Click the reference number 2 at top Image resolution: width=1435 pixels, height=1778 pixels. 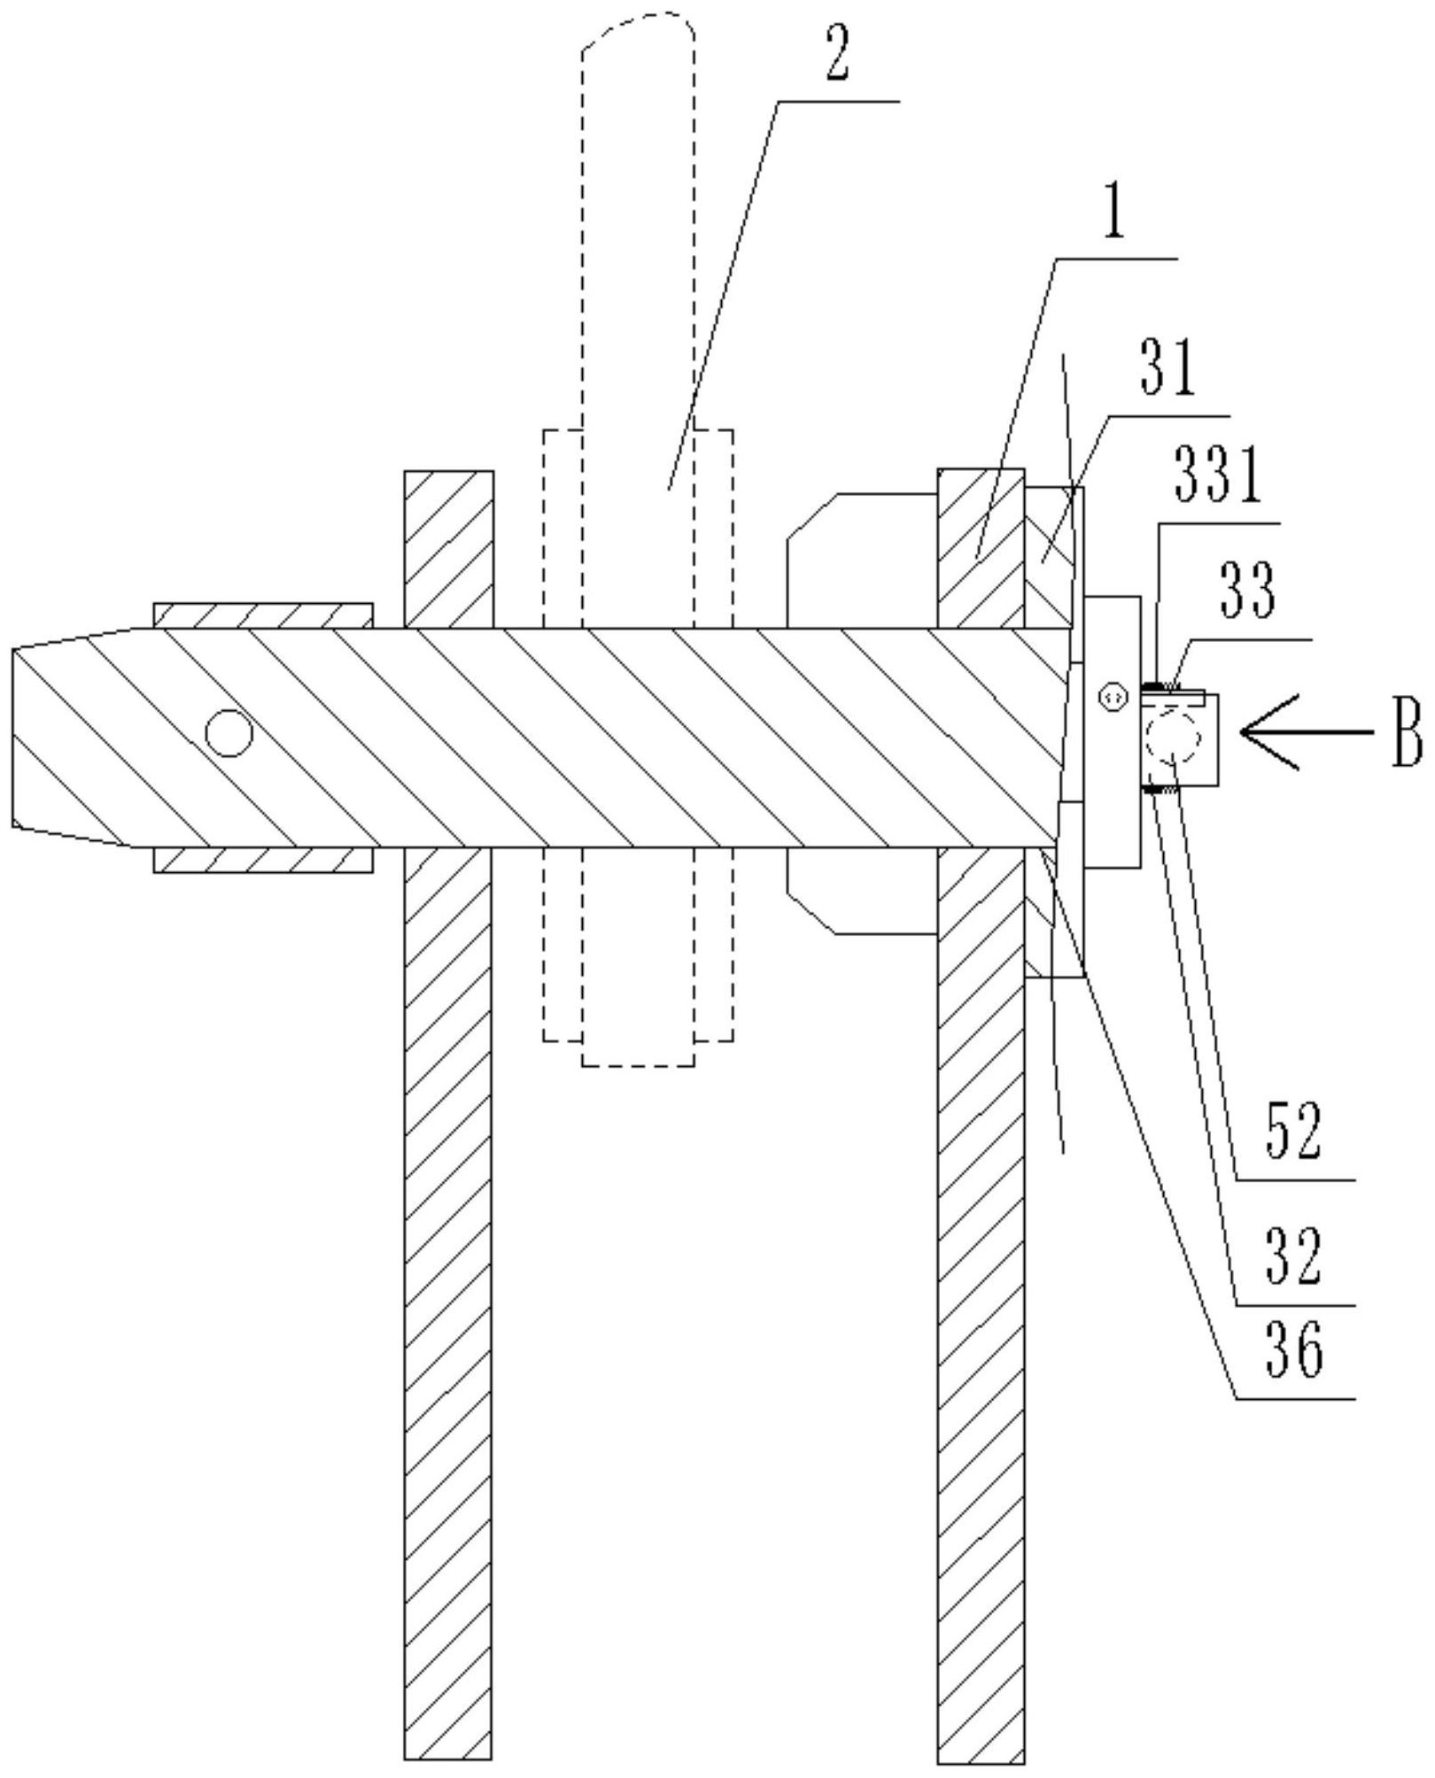click(837, 59)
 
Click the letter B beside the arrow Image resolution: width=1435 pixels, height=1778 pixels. click(1406, 732)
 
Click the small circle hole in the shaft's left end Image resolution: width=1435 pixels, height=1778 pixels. click(229, 732)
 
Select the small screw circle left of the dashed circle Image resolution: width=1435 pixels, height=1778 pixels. click(1111, 697)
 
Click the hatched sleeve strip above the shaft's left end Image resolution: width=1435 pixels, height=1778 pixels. click(262, 615)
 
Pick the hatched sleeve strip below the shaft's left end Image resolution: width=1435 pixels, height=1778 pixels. click(262, 859)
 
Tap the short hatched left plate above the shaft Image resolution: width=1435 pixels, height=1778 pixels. click(448, 549)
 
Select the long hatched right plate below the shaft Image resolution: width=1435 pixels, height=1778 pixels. click(981, 1310)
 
